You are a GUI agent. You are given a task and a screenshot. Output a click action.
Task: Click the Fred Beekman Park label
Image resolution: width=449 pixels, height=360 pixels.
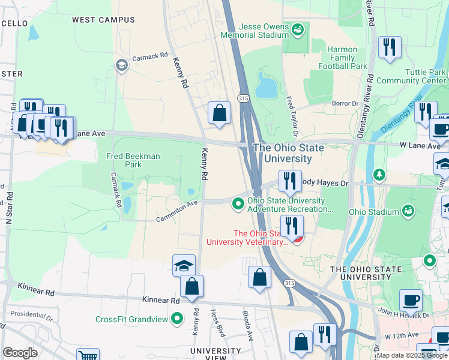click(133, 160)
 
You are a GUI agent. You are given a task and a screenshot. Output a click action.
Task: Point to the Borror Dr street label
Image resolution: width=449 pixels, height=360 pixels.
click(345, 103)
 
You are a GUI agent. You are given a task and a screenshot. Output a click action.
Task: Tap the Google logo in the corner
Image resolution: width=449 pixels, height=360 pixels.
click(20, 352)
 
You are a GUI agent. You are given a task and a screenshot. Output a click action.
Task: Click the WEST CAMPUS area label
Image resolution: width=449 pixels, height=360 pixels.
click(103, 20)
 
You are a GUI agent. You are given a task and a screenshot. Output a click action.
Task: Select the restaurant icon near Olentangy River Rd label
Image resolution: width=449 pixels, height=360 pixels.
click(390, 47)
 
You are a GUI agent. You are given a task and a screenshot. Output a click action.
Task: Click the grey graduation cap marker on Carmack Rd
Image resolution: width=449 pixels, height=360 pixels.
click(122, 65)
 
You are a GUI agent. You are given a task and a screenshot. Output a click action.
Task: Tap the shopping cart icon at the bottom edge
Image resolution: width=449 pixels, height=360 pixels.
click(88, 355)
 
